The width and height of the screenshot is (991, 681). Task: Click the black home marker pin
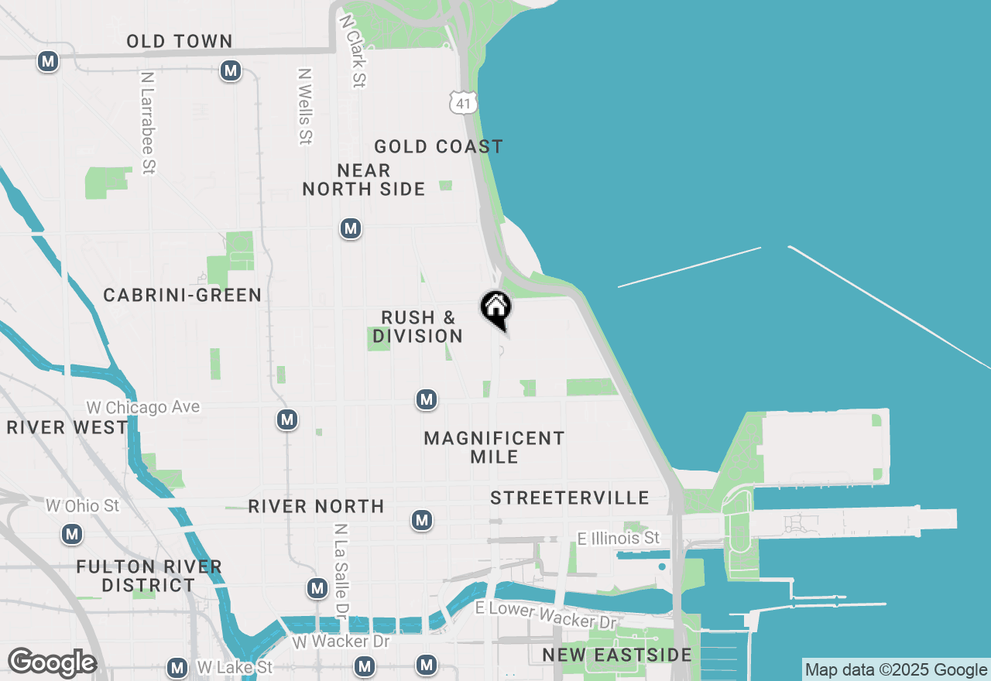[496, 308]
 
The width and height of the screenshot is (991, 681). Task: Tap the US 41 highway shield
[462, 102]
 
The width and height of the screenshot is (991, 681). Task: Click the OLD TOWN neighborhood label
[180, 42]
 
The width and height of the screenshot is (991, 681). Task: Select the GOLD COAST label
[438, 147]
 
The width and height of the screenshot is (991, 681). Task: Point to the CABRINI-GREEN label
[183, 296]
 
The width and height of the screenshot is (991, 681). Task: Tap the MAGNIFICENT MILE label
[495, 447]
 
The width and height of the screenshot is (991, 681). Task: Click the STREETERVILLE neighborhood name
[569, 498]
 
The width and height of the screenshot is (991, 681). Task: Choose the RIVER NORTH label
[316, 507]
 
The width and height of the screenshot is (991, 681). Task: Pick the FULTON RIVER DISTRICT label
[149, 577]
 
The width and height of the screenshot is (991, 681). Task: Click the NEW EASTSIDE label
[617, 655]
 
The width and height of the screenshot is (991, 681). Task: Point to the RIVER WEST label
[67, 428]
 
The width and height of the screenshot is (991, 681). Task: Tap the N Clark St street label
[352, 50]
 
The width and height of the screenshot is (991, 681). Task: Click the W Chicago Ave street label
[142, 407]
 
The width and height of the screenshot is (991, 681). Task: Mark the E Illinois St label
[619, 538]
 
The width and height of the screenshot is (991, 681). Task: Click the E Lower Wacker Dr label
[547, 615]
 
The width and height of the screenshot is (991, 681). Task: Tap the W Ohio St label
[83, 506]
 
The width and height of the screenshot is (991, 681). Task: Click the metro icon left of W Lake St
[177, 667]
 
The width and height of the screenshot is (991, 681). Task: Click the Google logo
[51, 663]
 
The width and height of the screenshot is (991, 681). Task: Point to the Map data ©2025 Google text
[896, 670]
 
